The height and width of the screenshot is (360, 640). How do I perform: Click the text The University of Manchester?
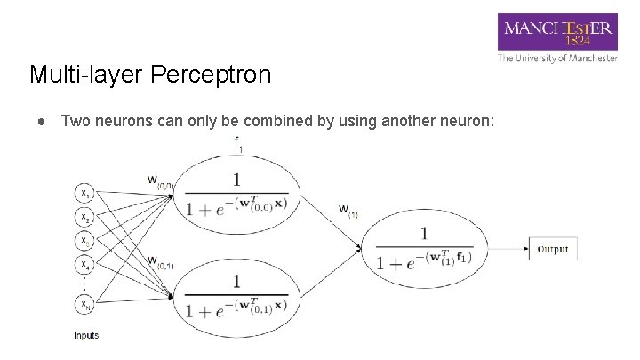[557, 58]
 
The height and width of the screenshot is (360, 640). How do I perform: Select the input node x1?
[84, 192]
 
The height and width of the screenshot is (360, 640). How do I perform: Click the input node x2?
[84, 216]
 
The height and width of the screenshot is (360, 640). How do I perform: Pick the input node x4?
[84, 264]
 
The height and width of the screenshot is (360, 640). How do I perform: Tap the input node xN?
[84, 305]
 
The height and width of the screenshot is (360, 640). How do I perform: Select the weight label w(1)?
[348, 211]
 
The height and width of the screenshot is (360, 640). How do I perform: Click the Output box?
[553, 249]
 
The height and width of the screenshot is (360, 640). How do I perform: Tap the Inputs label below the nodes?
[86, 335]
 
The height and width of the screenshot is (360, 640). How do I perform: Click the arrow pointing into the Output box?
[510, 249]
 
